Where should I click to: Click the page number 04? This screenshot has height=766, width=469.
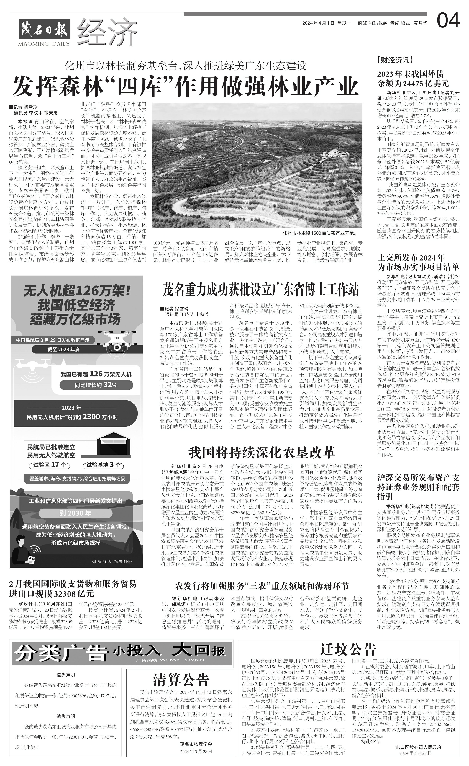[x=448, y=22]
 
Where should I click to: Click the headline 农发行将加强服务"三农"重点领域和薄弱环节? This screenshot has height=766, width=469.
[x=262, y=586]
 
